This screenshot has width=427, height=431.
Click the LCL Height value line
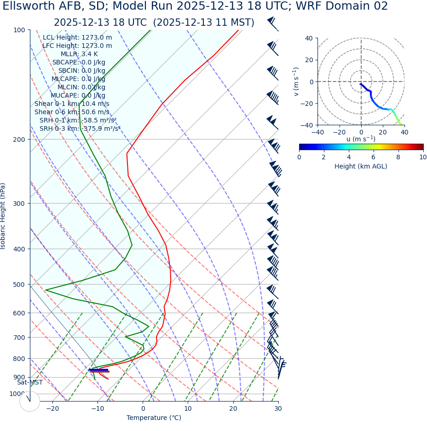(77, 38)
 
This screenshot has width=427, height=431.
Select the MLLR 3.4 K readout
(79, 54)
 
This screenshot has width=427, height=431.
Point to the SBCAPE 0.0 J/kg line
(79, 63)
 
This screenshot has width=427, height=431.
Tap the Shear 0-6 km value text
(72, 112)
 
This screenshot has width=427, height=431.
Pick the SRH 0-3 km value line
(80, 129)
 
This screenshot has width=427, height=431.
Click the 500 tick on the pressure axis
(19, 285)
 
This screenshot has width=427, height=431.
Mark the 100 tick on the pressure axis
(19, 30)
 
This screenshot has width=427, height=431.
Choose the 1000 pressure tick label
(17, 394)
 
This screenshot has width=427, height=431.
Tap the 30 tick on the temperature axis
(278, 408)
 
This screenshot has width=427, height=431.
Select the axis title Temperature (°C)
(154, 418)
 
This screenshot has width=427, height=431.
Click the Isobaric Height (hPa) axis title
(3, 216)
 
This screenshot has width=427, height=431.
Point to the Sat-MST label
(30, 383)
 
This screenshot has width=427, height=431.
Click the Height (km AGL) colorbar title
(361, 166)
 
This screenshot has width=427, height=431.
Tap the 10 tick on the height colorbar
(423, 157)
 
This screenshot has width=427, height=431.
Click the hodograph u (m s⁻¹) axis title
(361, 139)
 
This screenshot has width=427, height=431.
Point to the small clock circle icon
(29, 401)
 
